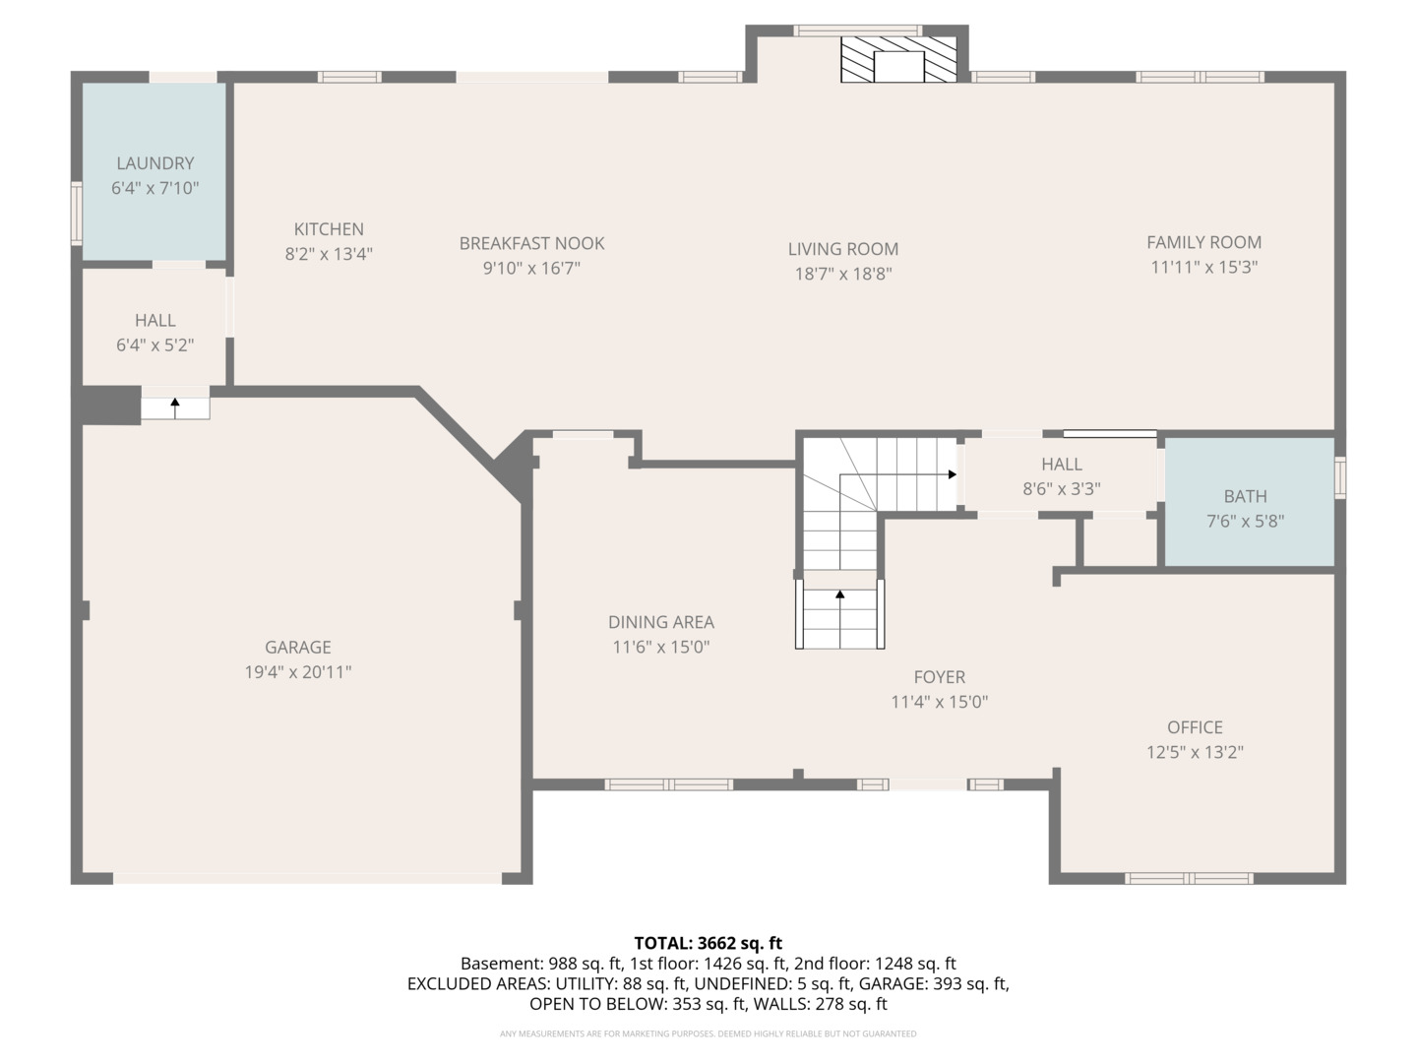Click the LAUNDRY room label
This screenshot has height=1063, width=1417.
point(154,163)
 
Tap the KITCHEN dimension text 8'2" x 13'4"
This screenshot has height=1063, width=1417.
point(329,254)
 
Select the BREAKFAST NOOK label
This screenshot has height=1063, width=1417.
point(531,243)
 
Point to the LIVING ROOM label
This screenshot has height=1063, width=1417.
point(843,248)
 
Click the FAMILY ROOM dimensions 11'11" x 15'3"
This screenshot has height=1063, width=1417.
point(1204,267)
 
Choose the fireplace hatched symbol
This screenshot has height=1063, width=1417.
point(898,59)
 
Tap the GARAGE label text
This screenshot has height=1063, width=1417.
point(297,647)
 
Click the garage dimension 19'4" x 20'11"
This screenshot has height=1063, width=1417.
point(297,672)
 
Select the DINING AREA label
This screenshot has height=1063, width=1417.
point(661,622)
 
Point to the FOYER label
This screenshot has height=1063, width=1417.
point(940,677)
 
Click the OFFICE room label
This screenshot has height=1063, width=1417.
point(1195,727)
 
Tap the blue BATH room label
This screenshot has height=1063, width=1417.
point(1245,496)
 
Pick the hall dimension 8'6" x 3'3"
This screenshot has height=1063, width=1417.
point(1062,488)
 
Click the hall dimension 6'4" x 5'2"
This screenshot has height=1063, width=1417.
point(154,344)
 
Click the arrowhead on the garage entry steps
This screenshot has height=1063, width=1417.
point(175,403)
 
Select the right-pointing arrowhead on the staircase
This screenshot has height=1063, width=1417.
point(953,474)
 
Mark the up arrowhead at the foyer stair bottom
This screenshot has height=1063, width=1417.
point(840,594)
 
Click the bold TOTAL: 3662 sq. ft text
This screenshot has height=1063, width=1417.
point(708,943)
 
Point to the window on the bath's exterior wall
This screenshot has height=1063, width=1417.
point(1340,477)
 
